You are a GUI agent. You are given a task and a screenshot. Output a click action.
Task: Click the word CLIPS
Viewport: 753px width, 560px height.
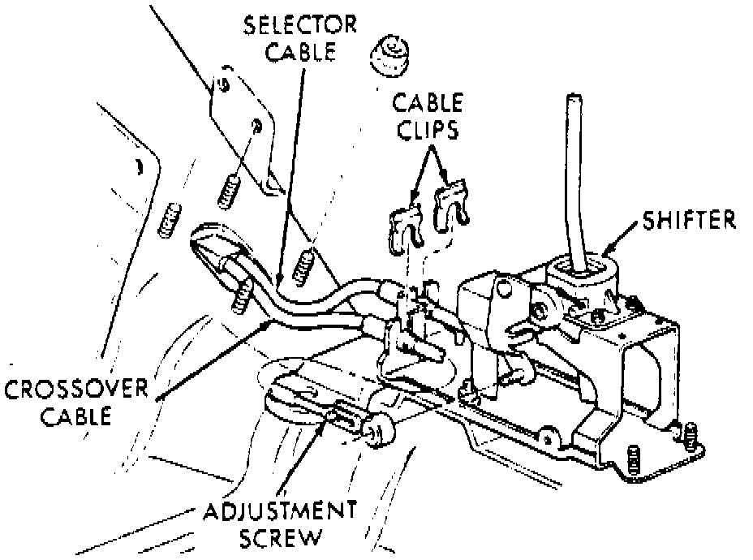click(x=427, y=130)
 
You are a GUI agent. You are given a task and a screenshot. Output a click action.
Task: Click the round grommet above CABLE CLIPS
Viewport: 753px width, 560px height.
click(x=392, y=58)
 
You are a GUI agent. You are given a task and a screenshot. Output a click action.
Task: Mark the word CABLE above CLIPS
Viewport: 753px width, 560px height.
click(x=428, y=103)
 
